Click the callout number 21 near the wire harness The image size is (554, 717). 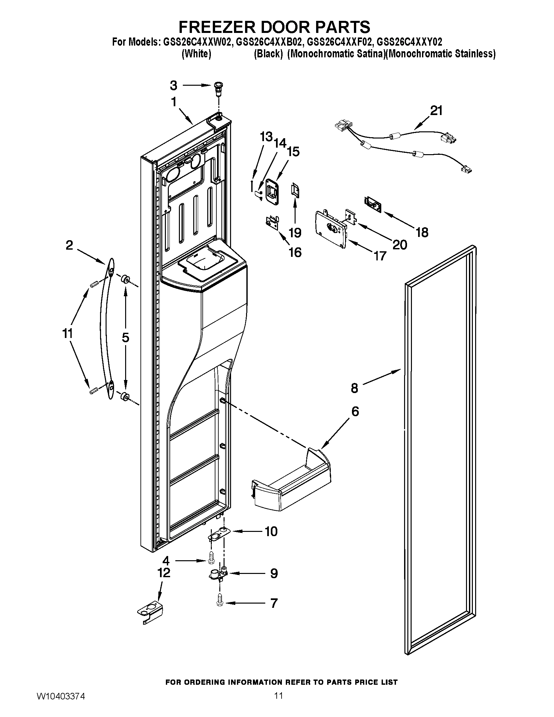[436, 110]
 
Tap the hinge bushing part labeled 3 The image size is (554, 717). [217, 88]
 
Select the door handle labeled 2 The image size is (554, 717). [106, 328]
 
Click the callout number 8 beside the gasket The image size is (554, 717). [355, 388]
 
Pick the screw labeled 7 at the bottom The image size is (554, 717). [220, 603]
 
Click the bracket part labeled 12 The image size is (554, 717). [150, 611]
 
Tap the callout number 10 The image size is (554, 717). [271, 531]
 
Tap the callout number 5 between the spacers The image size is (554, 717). [125, 338]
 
